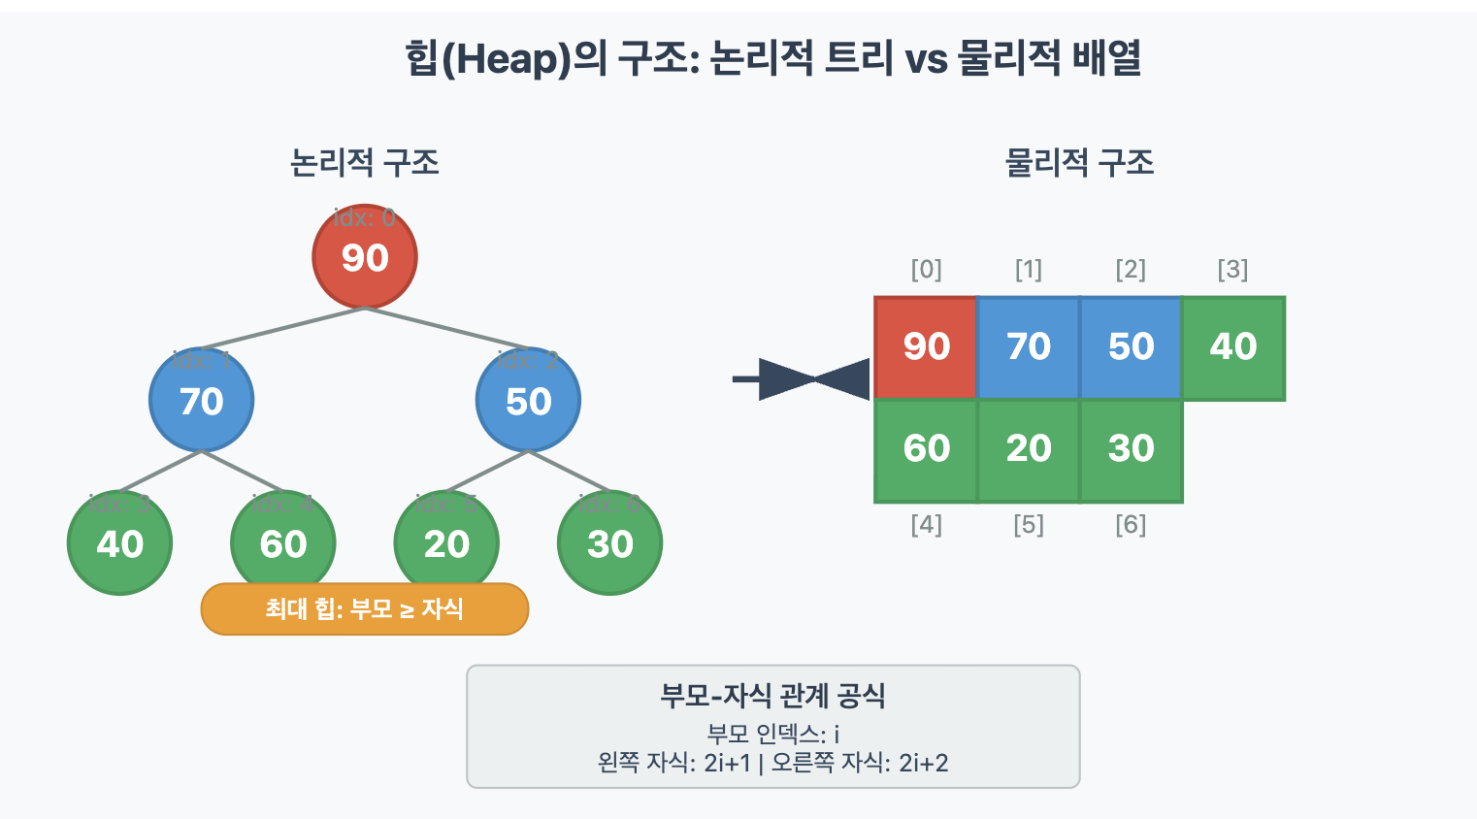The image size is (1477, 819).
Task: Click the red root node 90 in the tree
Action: [x=365, y=257]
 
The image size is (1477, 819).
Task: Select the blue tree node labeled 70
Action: [x=201, y=400]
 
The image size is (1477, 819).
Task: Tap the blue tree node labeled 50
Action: [x=528, y=400]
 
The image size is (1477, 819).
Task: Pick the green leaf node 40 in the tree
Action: [x=119, y=543]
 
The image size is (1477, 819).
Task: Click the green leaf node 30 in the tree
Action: [x=609, y=543]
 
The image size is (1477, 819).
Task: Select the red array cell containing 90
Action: [x=926, y=347]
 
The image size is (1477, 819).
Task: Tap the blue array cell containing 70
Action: [x=1029, y=347]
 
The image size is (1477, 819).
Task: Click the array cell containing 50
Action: [x=1131, y=347]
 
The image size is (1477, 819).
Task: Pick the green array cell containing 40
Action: [x=1233, y=347]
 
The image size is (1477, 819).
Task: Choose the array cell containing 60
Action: [x=926, y=449]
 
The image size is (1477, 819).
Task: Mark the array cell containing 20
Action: [x=1029, y=449]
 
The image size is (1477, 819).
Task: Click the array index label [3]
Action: [x=1232, y=269]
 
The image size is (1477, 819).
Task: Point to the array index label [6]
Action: [x=1131, y=525]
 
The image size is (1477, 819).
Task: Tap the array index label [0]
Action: [x=926, y=269]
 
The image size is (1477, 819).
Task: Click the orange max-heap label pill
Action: [x=364, y=609]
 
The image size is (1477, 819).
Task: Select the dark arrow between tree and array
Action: [x=802, y=378]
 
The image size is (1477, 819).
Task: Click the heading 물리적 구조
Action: [x=1079, y=162]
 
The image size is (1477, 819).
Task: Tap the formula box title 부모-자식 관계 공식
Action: [x=772, y=695]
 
